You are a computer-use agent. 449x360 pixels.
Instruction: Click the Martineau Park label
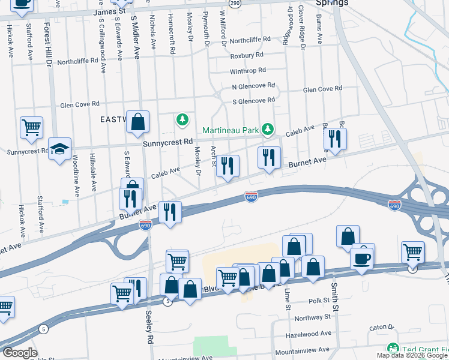tap(230, 130)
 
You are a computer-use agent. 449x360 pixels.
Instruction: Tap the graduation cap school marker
tap(60, 149)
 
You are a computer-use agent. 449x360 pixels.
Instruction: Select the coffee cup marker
tap(363, 259)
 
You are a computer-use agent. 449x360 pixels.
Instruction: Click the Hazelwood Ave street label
tap(309, 333)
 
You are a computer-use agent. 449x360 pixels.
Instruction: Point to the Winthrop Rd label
tap(247, 71)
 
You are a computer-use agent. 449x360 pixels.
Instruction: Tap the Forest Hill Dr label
tap(49, 43)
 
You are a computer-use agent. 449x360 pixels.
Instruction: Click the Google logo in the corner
tap(20, 353)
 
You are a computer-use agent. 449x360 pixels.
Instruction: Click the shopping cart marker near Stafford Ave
tap(31, 127)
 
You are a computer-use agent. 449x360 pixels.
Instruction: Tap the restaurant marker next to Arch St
tap(227, 165)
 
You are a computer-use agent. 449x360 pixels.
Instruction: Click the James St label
tap(110, 11)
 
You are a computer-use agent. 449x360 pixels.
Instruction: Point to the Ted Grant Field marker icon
tap(393, 349)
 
